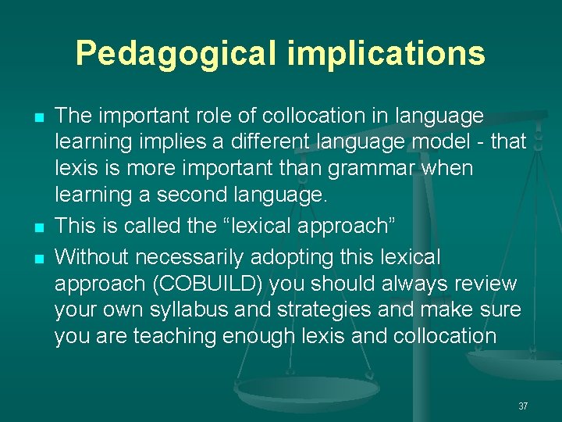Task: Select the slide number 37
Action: (x=523, y=406)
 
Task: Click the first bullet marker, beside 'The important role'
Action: (x=37, y=117)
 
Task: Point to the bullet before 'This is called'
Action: (x=37, y=227)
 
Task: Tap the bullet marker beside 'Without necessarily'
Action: (x=37, y=256)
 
